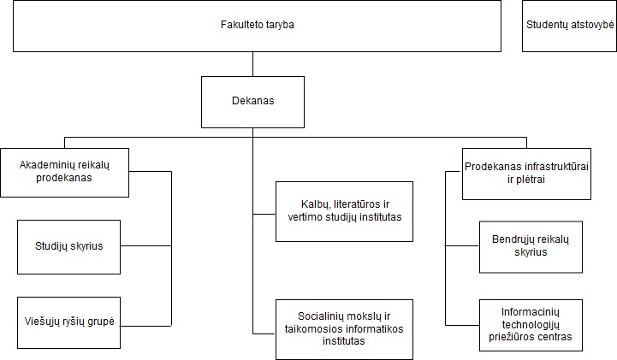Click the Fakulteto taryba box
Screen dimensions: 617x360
pos(257,26)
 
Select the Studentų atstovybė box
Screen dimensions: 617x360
pos(569,26)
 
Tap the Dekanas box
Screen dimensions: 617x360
pos(252,102)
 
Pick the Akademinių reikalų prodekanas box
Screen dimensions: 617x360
pos(64,173)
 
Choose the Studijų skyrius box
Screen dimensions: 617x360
pos(68,247)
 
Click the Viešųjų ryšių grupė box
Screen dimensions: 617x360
pos(68,322)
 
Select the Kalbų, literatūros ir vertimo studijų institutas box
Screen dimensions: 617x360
pos(344,211)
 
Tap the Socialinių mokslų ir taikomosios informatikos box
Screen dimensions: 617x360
pos(344,329)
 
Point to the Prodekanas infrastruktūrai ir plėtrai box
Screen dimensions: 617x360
pos(526,174)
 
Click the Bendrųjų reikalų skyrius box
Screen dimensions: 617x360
pos(531,247)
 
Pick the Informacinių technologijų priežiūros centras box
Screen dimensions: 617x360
pos(531,325)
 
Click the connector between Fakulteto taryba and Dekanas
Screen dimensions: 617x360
pos(252,64)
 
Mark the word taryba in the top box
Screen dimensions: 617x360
pos(280,25)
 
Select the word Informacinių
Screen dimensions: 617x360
pos(531,312)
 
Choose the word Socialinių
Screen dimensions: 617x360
pos(320,316)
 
